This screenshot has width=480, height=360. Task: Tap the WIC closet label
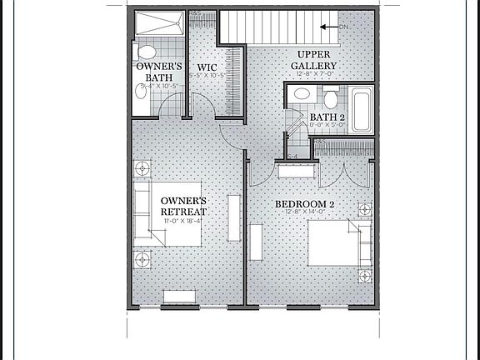(207, 67)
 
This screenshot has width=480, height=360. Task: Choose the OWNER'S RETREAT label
(183, 206)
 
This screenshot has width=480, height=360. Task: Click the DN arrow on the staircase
(331, 27)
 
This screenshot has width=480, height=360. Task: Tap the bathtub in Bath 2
(362, 109)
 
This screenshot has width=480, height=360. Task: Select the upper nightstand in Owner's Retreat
(143, 168)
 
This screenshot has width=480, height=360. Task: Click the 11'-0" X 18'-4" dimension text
(185, 222)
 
